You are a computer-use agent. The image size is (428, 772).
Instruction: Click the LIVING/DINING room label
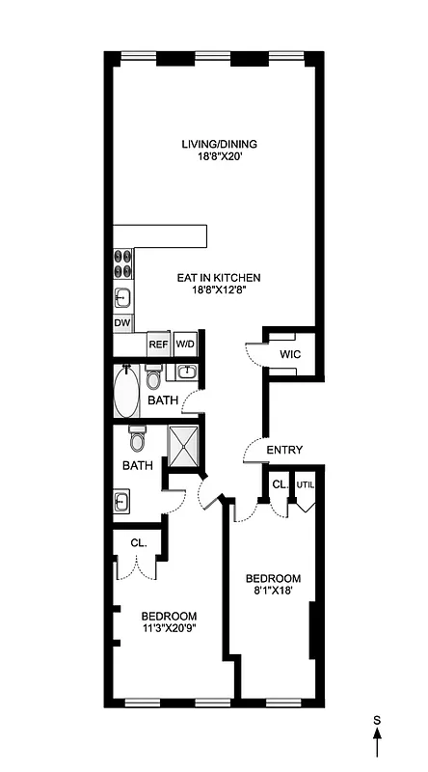tap(219, 145)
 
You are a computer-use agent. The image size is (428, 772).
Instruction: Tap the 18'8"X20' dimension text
tap(219, 160)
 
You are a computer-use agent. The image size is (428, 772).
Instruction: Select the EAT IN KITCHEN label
tap(219, 278)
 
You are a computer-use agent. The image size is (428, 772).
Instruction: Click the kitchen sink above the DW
tap(123, 296)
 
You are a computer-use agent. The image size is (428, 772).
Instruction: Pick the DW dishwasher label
tap(122, 322)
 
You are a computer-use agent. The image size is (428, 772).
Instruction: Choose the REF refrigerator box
tap(158, 345)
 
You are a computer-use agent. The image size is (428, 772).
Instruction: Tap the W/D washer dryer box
tap(185, 345)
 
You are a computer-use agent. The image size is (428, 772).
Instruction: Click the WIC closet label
tap(290, 355)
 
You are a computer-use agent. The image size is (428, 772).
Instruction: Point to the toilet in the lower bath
tap(137, 441)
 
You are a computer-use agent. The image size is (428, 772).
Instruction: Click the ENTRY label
tap(285, 450)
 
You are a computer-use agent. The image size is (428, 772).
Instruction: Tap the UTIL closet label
tap(306, 484)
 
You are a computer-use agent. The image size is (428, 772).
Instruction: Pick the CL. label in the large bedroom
tap(139, 543)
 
